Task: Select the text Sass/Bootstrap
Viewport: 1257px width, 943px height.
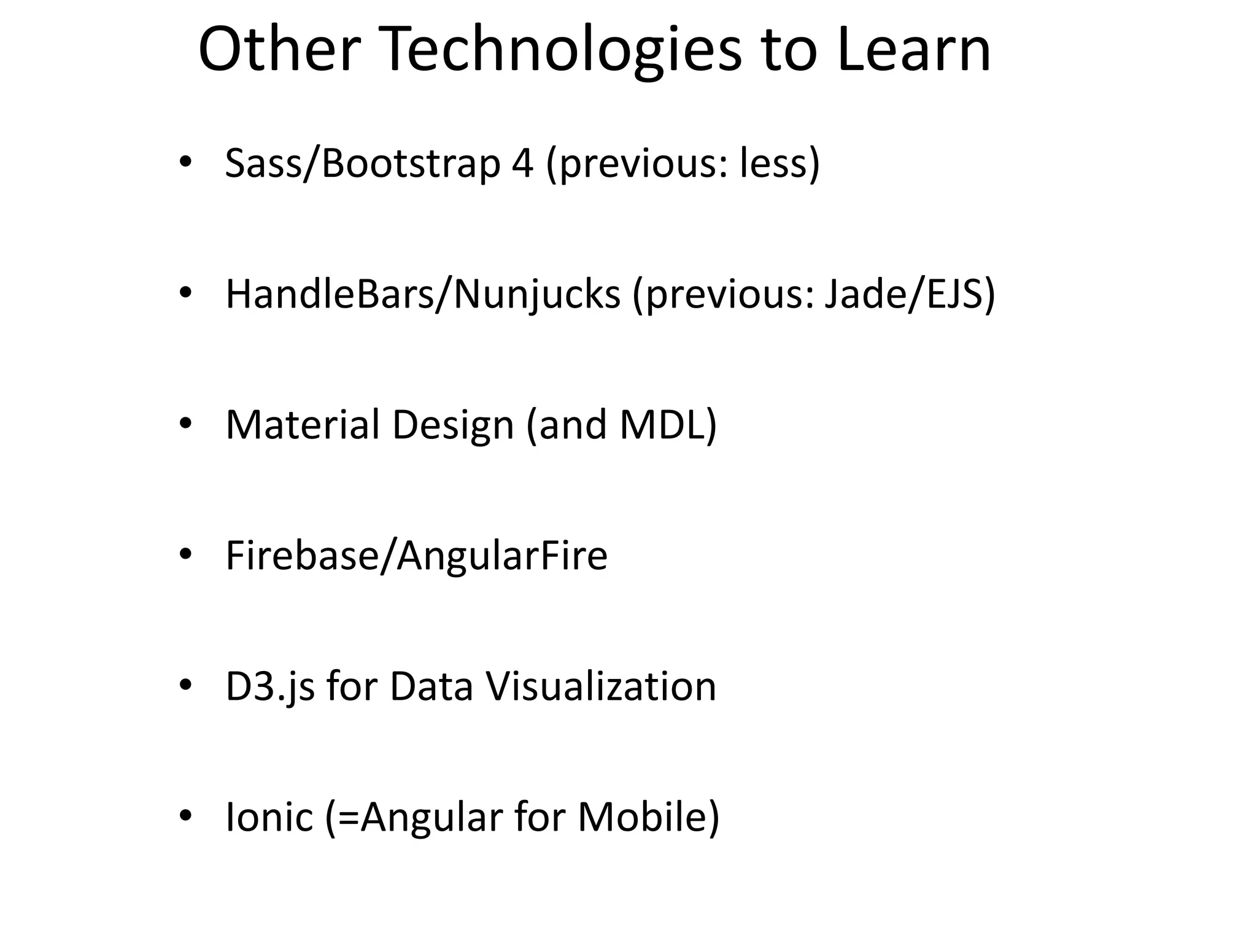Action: (363, 164)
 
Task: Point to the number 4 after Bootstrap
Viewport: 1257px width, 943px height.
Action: (522, 164)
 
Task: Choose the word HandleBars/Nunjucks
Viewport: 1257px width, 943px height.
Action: (423, 295)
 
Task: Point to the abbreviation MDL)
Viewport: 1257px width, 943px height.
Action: (668, 425)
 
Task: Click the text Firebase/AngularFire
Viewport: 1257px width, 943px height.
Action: (417, 556)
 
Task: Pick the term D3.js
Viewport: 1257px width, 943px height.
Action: (270, 686)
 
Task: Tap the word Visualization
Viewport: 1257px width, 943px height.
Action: (601, 686)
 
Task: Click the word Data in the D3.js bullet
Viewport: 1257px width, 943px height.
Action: (431, 686)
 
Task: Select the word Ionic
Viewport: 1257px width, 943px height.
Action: (269, 817)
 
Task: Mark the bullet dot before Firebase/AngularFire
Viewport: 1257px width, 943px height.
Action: (185, 554)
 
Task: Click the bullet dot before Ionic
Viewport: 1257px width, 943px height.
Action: (185, 816)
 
